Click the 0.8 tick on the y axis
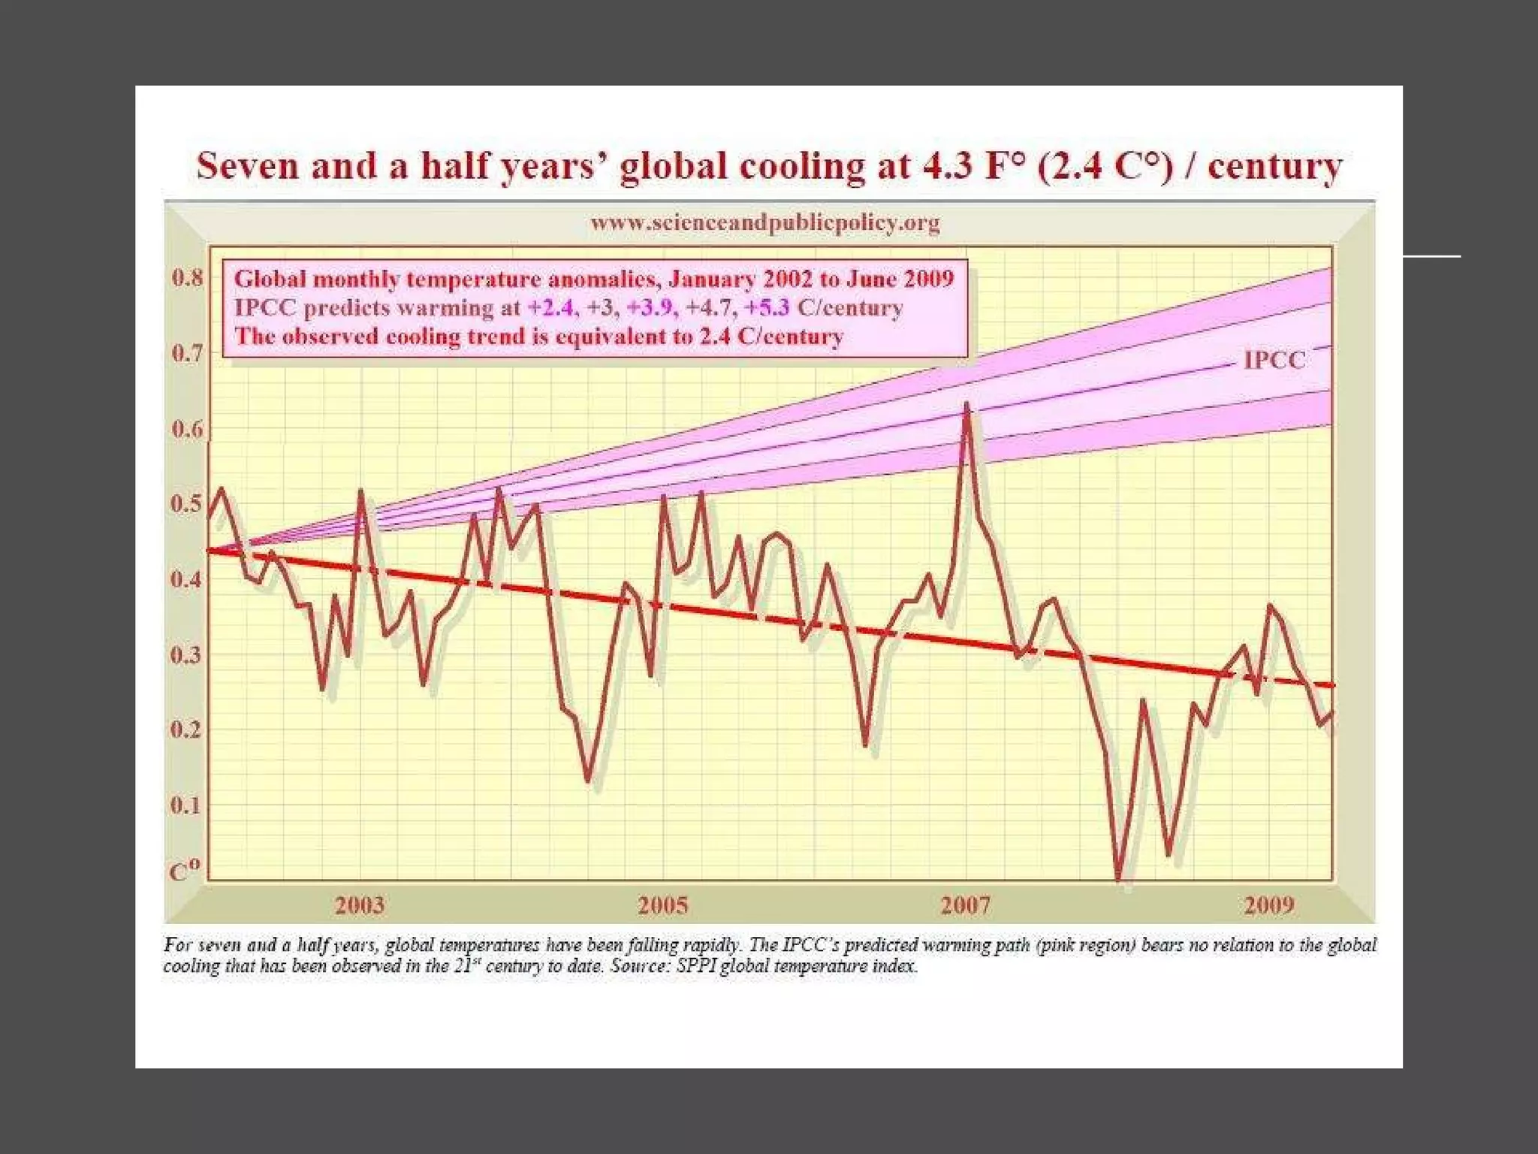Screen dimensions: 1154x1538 click(187, 278)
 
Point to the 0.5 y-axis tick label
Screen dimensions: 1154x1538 click(187, 504)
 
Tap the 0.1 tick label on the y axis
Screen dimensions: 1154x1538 click(186, 805)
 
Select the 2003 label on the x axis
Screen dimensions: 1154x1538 click(360, 905)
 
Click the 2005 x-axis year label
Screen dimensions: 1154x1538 click(663, 905)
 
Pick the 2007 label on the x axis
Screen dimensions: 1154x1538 click(966, 905)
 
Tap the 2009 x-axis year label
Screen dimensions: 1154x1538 click(1269, 905)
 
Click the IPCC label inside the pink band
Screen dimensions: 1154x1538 click(1274, 361)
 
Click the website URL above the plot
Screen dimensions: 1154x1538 click(764, 223)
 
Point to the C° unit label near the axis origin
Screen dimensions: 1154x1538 click(185, 871)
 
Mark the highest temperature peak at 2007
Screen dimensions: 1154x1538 click(967, 405)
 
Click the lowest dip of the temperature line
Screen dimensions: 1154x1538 click(1119, 878)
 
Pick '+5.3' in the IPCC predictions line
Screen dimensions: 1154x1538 click(767, 308)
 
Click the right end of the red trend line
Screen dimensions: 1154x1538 click(1332, 685)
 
